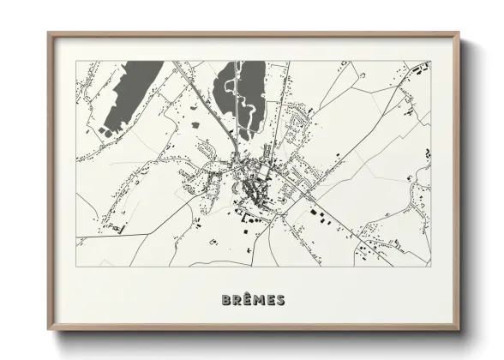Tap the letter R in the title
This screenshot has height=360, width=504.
point(237,300)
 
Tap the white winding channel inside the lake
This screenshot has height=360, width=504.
point(242,101)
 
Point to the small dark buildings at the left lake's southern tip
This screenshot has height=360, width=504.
point(105,129)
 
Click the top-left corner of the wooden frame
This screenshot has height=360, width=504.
point(49,33)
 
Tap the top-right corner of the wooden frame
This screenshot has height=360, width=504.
point(461,33)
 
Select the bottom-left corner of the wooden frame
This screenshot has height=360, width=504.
point(49,331)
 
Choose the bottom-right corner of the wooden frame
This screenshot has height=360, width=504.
point(461,331)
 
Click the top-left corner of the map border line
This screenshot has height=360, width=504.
point(76,61)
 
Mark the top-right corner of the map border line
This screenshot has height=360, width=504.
point(431,61)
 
